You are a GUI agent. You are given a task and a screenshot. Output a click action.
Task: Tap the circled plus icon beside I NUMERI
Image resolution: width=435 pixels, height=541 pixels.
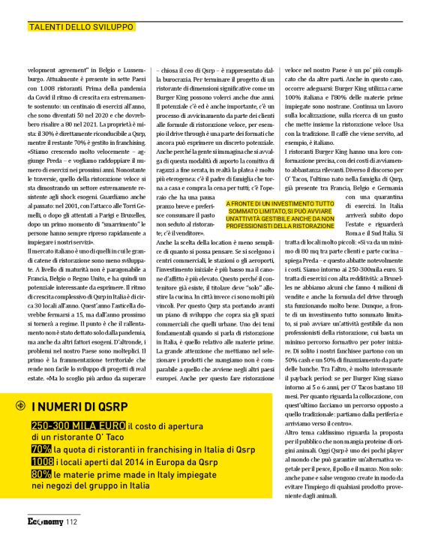pos(19,406)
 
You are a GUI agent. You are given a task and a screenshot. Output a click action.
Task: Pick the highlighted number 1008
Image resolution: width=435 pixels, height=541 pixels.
pos(43,462)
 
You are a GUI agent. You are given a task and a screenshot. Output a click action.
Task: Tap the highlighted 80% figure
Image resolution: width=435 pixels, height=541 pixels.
pos(41,476)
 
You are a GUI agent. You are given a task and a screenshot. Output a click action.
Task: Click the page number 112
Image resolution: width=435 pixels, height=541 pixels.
pos(72,522)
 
